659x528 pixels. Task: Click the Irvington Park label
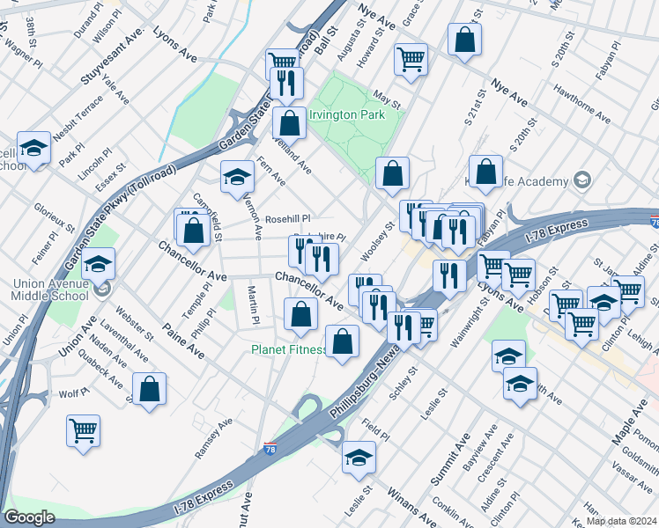click(x=352, y=115)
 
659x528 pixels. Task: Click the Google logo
click(x=30, y=517)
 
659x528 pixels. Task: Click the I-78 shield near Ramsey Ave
click(x=270, y=449)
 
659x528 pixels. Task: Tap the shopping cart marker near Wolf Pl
click(x=83, y=431)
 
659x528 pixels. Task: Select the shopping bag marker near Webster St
click(x=150, y=388)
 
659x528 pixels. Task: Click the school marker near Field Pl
click(x=359, y=457)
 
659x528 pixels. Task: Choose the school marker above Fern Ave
click(x=237, y=177)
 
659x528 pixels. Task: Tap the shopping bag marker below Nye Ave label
click(x=485, y=172)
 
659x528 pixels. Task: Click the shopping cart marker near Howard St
click(x=411, y=60)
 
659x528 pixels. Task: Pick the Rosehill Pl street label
click(x=288, y=219)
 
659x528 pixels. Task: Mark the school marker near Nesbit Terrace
click(x=34, y=149)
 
